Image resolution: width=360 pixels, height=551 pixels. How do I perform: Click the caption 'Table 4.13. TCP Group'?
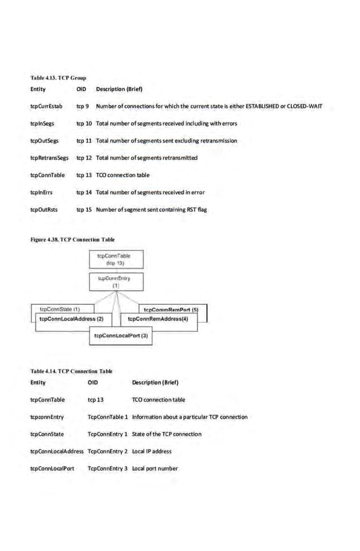(x=58, y=77)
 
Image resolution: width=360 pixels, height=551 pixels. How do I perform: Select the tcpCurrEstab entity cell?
(x=46, y=106)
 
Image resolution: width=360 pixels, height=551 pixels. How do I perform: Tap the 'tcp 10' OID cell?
(x=84, y=123)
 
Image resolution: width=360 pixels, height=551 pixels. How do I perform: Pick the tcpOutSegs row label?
(x=44, y=141)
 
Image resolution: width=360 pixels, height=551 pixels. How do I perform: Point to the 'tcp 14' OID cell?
(x=84, y=193)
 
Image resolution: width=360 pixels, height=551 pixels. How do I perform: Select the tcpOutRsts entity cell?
(x=44, y=209)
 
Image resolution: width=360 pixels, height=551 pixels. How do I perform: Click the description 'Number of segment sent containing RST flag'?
(x=152, y=209)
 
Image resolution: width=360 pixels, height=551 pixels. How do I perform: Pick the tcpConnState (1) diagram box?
(x=59, y=309)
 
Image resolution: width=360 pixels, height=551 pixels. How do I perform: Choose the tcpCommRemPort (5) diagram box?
(x=172, y=309)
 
